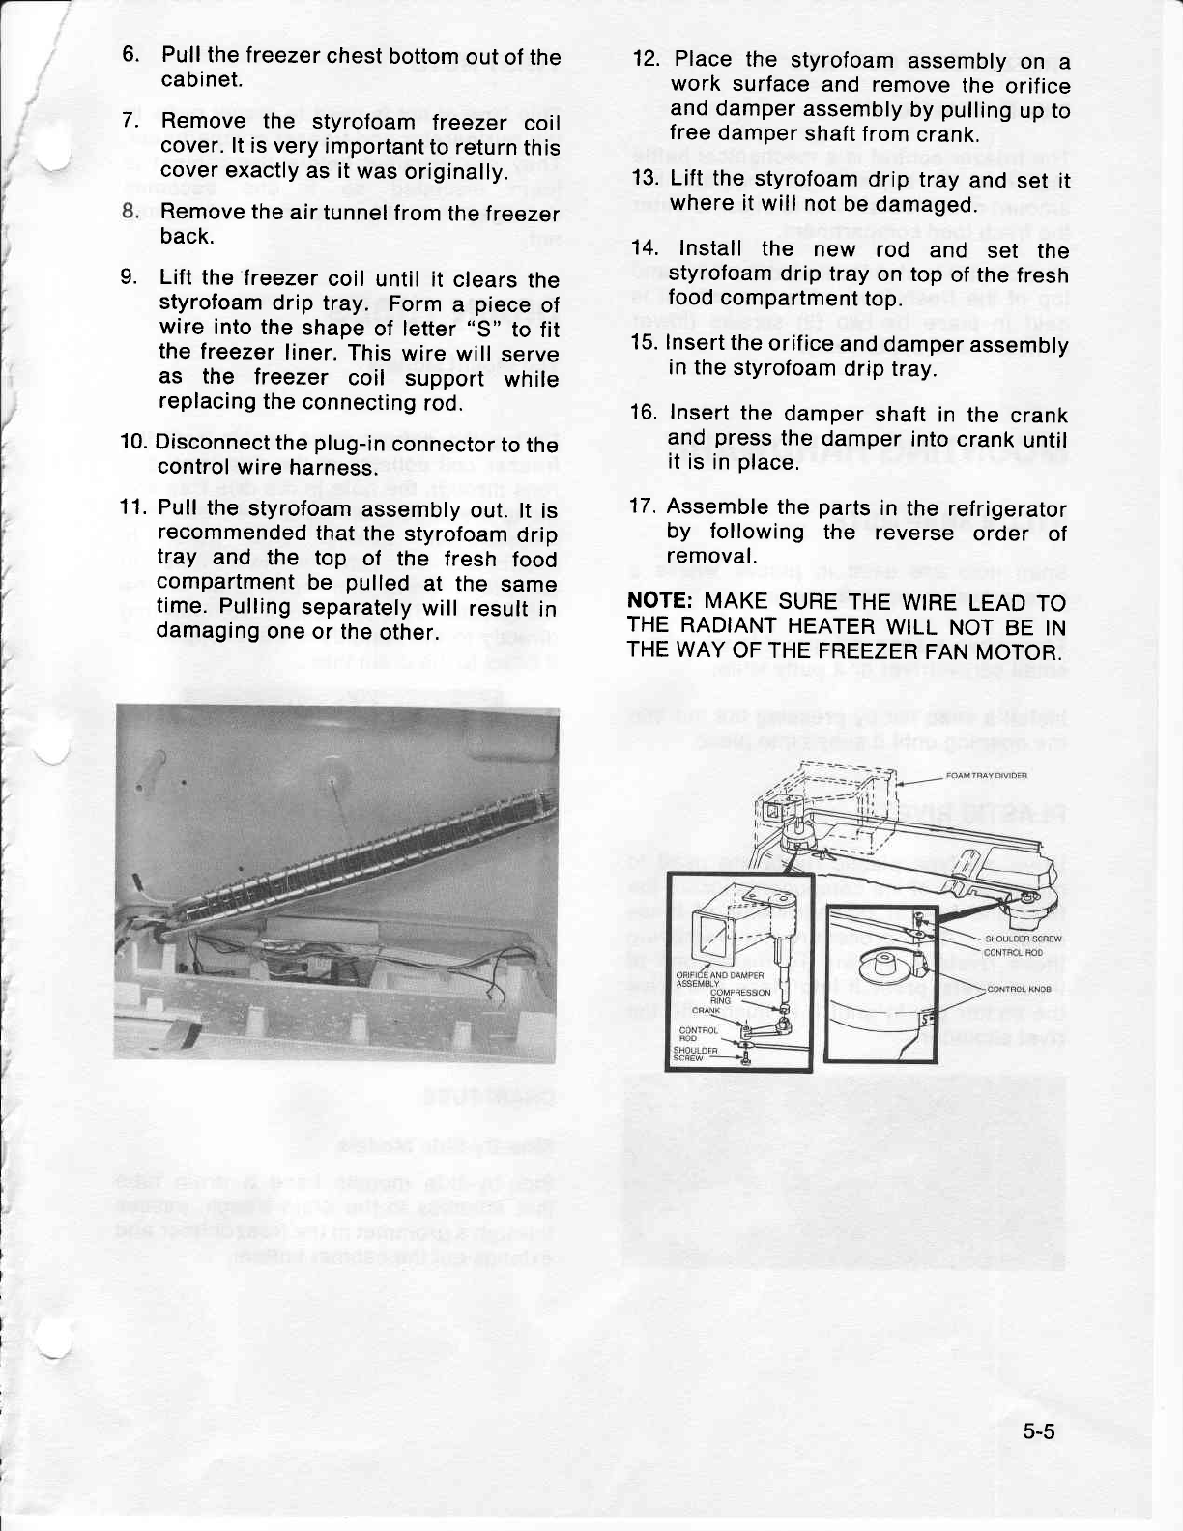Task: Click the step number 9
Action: (x=128, y=278)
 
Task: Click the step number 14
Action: (x=644, y=249)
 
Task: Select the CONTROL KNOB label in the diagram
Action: (x=1019, y=989)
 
